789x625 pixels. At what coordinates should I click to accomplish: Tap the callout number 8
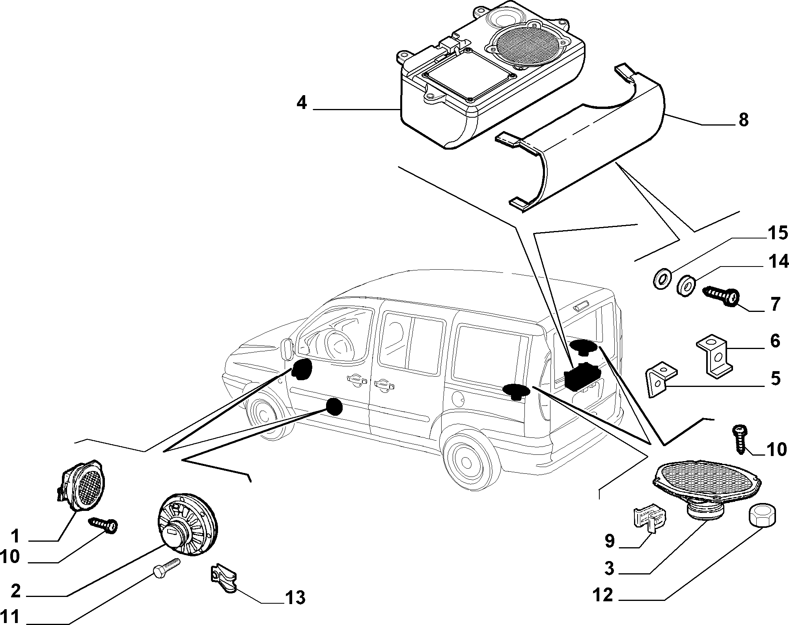tap(743, 120)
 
